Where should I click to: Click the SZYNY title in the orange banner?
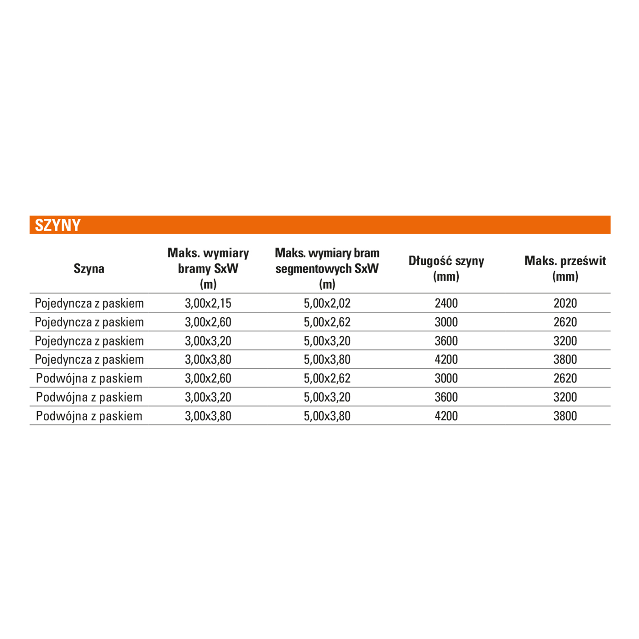(58, 225)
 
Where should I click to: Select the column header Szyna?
(89, 268)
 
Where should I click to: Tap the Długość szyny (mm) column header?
(446, 268)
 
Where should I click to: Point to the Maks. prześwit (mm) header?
(565, 268)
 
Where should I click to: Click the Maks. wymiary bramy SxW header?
(208, 268)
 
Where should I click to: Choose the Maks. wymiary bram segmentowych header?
(327, 268)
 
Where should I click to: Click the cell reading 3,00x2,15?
(208, 303)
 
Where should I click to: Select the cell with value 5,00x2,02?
(327, 303)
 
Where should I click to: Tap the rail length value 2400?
(446, 303)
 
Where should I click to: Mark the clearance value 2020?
(565, 303)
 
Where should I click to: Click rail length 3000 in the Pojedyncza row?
(446, 322)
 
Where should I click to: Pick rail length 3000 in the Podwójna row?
(446, 378)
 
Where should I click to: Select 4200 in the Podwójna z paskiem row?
(446, 416)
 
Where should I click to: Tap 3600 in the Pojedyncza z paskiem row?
(446, 341)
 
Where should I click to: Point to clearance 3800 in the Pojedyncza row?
(565, 360)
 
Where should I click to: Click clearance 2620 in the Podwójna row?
(565, 378)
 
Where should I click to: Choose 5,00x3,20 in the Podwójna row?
(327, 397)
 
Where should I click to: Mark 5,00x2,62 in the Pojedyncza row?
(327, 322)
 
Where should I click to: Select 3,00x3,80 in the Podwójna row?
(208, 416)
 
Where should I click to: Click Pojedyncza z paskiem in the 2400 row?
(89, 303)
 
